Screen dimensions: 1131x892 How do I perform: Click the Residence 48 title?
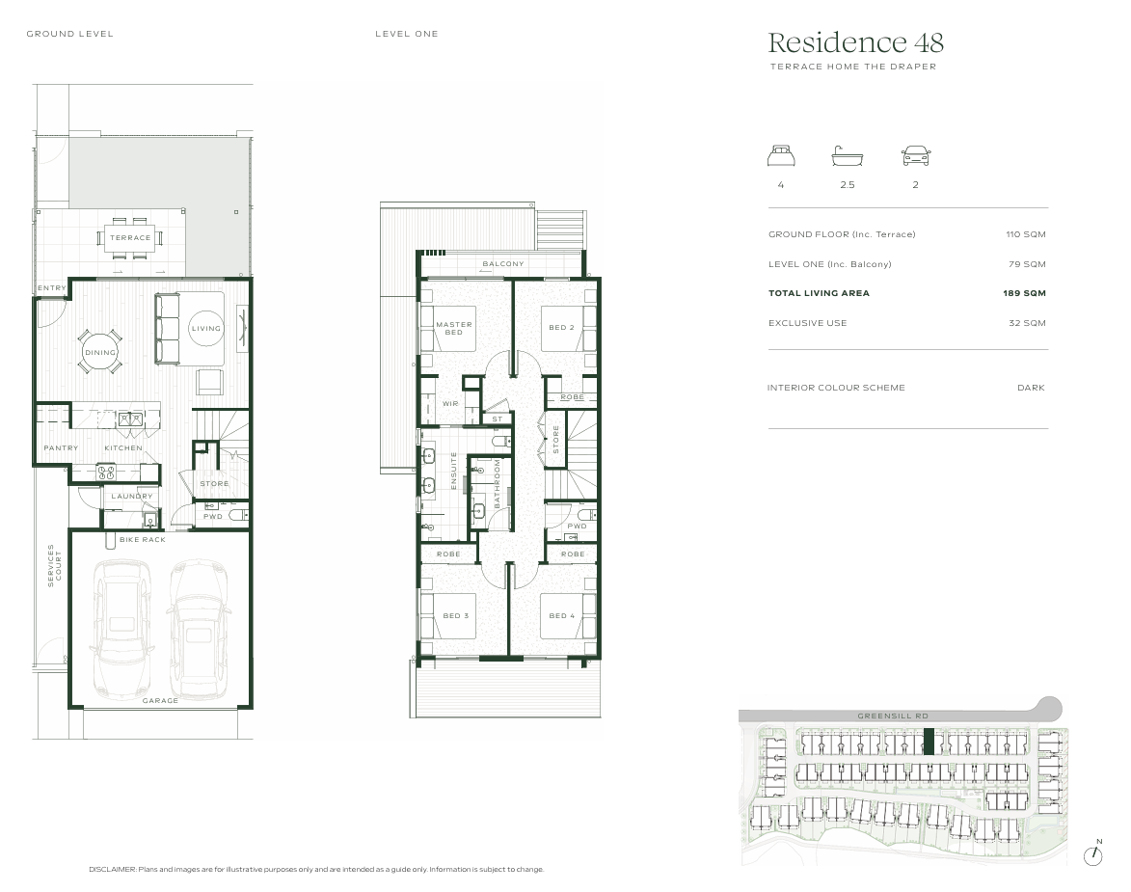coord(855,42)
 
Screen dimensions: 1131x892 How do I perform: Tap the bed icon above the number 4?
coord(781,156)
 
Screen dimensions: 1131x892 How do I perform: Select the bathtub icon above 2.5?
coord(847,156)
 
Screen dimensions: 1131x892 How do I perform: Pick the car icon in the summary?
coord(915,156)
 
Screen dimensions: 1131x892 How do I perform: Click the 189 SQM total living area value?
coord(1024,293)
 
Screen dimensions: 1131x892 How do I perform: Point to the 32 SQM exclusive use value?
coord(1027,323)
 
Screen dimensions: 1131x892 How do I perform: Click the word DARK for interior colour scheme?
coord(1031,388)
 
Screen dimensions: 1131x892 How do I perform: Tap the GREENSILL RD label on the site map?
coord(892,716)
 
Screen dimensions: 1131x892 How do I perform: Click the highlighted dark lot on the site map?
coord(929,742)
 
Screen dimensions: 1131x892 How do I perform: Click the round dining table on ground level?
coord(100,352)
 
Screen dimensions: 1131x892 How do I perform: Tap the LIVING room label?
coord(205,329)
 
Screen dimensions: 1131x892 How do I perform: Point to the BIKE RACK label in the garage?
coord(143,540)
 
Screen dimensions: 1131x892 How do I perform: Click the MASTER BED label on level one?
coord(454,329)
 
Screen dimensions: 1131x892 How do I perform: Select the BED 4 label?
coord(562,615)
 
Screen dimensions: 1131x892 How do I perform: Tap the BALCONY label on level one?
coord(502,264)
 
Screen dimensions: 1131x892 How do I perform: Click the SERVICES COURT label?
coord(54,565)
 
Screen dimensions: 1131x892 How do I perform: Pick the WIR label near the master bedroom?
coord(450,404)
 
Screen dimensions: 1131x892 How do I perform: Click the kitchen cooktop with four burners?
coord(107,473)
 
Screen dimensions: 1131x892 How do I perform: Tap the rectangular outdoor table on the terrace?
coord(130,237)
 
